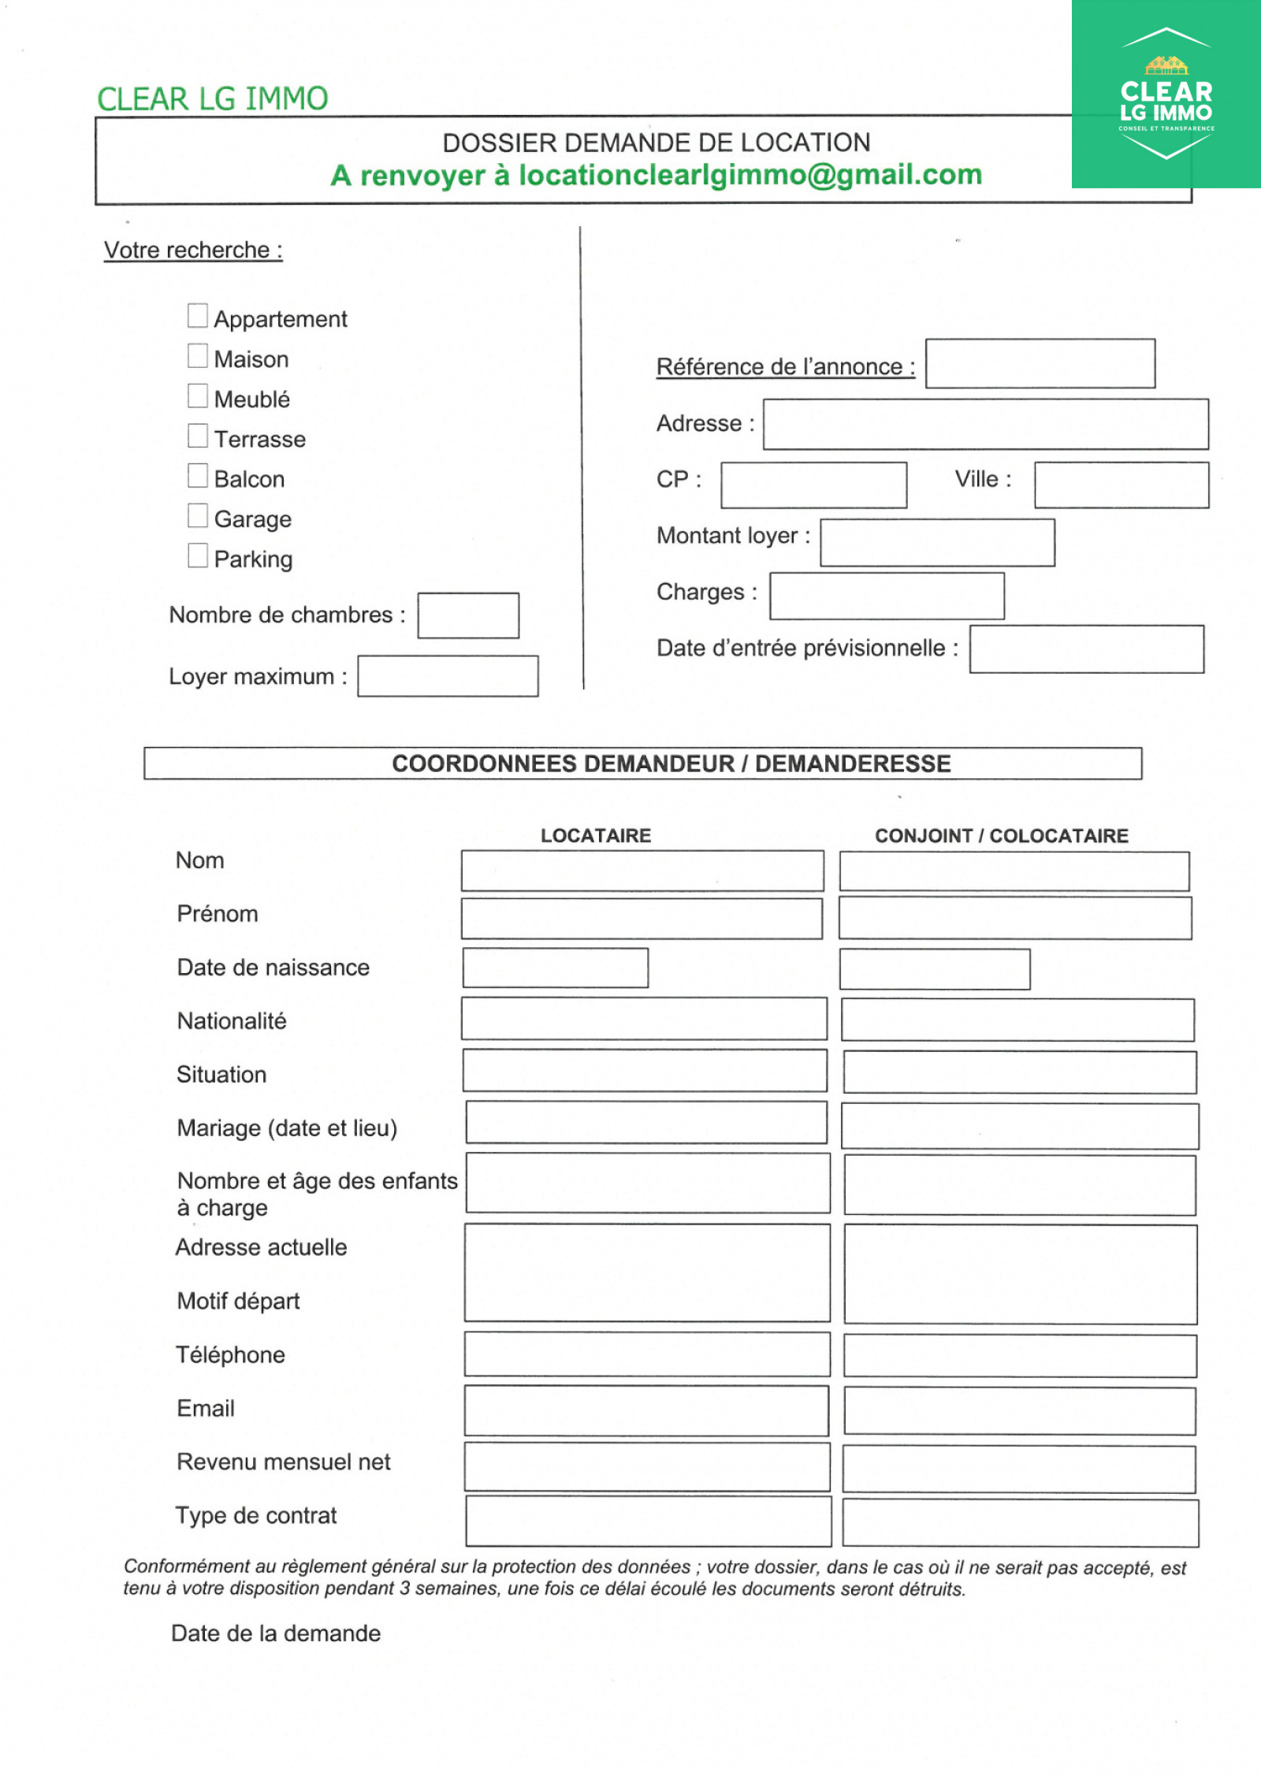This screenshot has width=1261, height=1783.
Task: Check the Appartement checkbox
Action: pyautogui.click(x=198, y=316)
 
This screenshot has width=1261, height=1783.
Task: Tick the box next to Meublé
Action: pyautogui.click(x=198, y=396)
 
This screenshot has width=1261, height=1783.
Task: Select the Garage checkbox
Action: pyautogui.click(x=198, y=515)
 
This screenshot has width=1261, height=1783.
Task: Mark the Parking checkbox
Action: pyautogui.click(x=198, y=555)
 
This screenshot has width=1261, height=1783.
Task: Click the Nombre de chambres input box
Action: pyautogui.click(x=468, y=615)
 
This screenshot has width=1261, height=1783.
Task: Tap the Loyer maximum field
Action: pyautogui.click(x=448, y=676)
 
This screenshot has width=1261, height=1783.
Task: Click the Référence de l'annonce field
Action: pyautogui.click(x=1040, y=363)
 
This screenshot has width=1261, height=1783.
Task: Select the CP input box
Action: pyautogui.click(x=813, y=485)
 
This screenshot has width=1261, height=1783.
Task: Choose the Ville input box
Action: pyautogui.click(x=1122, y=485)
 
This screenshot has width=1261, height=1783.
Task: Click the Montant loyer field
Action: pyautogui.click(x=937, y=542)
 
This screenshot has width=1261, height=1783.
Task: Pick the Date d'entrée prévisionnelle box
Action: pyautogui.click(x=1087, y=649)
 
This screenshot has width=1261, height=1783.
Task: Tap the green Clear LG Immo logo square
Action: pyautogui.click(x=1166, y=94)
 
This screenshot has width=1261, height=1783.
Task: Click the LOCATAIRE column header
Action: pyautogui.click(x=596, y=836)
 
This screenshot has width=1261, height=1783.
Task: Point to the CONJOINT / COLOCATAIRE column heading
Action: pyautogui.click(x=1002, y=836)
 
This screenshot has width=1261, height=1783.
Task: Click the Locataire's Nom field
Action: pyautogui.click(x=642, y=871)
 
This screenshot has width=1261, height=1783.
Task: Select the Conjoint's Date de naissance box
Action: pyautogui.click(x=935, y=969)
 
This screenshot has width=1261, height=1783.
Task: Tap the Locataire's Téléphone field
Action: pyautogui.click(x=647, y=1354)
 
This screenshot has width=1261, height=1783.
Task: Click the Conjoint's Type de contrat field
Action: pyautogui.click(x=1021, y=1523)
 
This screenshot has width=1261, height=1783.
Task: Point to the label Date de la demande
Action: pyautogui.click(x=276, y=1633)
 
